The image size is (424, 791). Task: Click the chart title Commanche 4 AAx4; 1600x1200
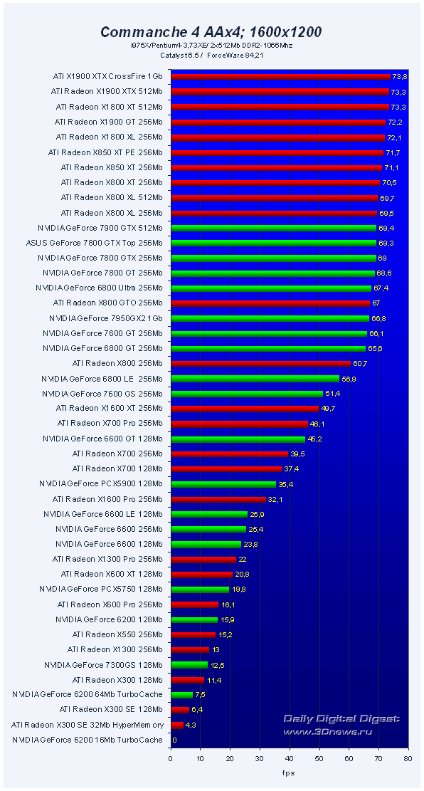211,31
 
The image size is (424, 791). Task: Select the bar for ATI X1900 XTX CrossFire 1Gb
280,76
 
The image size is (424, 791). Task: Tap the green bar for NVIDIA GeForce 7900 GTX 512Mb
273,228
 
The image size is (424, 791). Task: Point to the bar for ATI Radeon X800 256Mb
260,364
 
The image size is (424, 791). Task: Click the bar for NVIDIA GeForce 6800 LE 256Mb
255,379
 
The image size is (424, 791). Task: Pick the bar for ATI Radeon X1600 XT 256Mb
244,409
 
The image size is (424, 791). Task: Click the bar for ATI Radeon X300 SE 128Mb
179,710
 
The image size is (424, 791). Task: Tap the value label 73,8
400,76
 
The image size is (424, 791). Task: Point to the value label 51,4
333,394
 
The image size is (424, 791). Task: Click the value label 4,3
191,725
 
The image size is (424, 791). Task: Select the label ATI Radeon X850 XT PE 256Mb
105,152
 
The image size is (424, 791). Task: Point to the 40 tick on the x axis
289,759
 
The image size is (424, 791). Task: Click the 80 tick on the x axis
407,759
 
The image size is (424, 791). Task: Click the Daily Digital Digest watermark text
342,719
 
